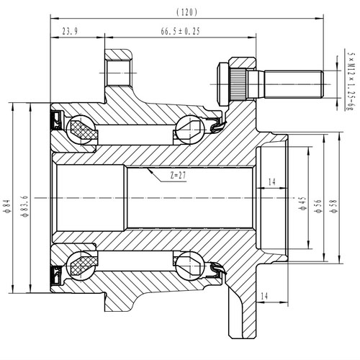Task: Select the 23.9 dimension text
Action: point(70,32)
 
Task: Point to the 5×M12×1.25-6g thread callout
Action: point(351,79)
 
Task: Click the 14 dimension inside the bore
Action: point(271,181)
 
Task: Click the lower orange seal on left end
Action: point(54,274)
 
